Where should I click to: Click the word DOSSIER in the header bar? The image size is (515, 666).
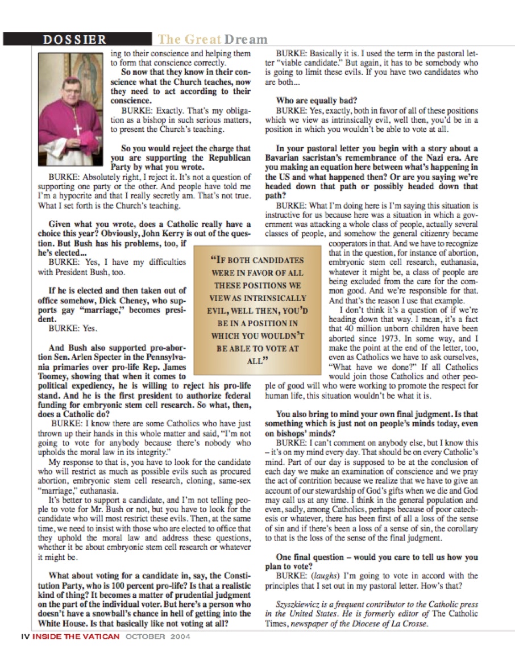74,39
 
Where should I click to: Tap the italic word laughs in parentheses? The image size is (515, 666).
320,576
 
